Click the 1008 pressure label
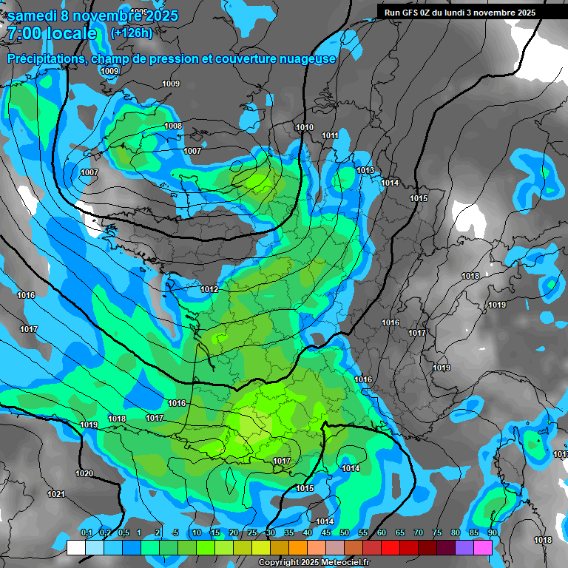point(173,126)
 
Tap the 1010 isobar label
point(304,127)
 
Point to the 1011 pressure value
point(330,135)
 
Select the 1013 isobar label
point(365,170)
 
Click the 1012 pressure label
point(209,289)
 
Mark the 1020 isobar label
point(84,473)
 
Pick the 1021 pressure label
point(56,494)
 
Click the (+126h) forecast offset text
point(131,33)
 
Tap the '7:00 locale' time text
point(52,33)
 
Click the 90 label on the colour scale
point(492,533)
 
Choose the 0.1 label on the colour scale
point(87,533)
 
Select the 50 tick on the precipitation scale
point(345,533)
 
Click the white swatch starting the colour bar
point(75,547)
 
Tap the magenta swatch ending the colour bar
point(483,547)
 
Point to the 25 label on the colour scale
point(252,533)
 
